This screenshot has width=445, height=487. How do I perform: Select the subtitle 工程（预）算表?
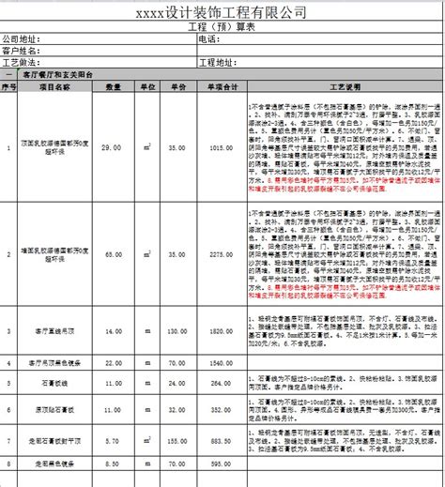tap(222, 27)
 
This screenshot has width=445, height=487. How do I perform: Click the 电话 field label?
tap(208, 39)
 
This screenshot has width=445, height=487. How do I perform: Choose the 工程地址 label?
tap(222, 62)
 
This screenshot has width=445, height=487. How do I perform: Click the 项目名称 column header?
tap(55, 85)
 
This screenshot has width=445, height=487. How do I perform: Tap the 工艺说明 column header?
tap(344, 85)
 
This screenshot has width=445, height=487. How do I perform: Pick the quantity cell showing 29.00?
tap(112, 148)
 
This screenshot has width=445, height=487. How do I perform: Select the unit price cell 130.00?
tap(175, 332)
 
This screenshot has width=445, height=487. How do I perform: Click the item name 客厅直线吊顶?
tap(55, 332)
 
